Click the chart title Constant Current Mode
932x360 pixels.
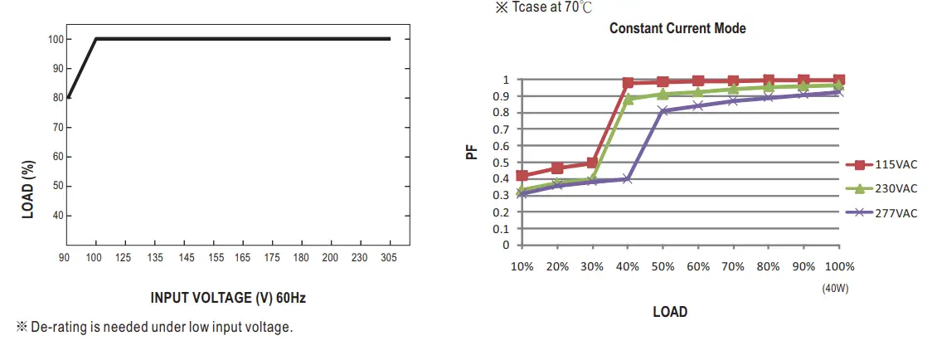click(x=677, y=28)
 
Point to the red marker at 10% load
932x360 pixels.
click(x=522, y=176)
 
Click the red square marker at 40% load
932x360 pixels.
click(x=628, y=83)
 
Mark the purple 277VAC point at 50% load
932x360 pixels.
click(x=663, y=110)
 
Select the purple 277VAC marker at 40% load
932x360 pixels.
click(x=628, y=179)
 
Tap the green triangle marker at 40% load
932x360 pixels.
click(x=628, y=99)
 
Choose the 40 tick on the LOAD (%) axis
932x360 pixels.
click(x=56, y=216)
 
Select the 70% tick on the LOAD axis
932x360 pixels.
click(x=733, y=267)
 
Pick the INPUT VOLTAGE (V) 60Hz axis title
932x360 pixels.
click(x=222, y=298)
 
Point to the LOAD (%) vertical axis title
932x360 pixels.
click(x=28, y=191)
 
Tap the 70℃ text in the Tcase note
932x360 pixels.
click(x=578, y=7)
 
